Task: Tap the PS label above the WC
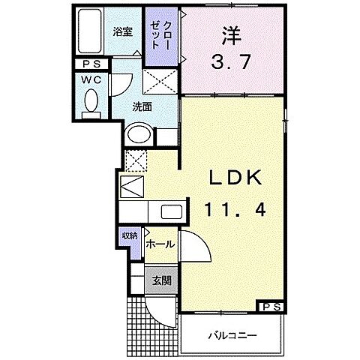tap(91, 64)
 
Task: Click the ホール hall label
tap(160, 244)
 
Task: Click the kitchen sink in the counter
tap(170, 211)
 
